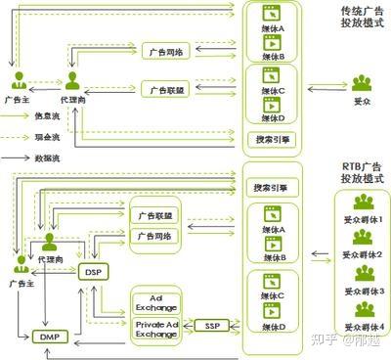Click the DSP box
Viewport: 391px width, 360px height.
click(93, 271)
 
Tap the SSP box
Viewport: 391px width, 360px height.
click(210, 324)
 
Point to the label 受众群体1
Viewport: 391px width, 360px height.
click(365, 222)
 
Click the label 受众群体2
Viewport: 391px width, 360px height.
click(365, 256)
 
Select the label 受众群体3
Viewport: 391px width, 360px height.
click(365, 292)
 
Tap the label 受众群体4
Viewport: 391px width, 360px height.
click(365, 326)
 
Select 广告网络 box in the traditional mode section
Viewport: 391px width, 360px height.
click(161, 52)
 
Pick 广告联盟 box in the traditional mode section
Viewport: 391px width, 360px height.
click(161, 89)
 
